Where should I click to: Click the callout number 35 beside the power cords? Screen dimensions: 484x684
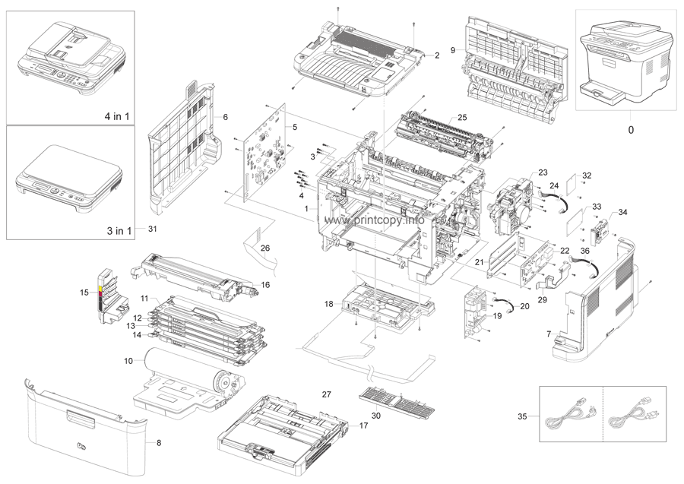pyautogui.click(x=522, y=416)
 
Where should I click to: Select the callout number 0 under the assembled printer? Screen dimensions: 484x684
pyautogui.click(x=630, y=130)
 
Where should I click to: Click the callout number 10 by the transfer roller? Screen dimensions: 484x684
pyautogui.click(x=128, y=359)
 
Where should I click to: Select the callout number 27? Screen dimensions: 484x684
pyautogui.click(x=326, y=394)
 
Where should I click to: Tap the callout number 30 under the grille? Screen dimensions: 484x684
pyautogui.click(x=377, y=415)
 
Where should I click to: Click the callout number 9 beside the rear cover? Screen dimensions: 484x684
pyautogui.click(x=453, y=50)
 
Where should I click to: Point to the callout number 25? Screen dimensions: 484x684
pyautogui.click(x=461, y=118)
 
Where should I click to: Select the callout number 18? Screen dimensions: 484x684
pyautogui.click(x=329, y=304)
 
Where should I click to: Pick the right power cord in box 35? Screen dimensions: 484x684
pyautogui.click(x=635, y=417)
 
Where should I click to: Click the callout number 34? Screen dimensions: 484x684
pyautogui.click(x=623, y=212)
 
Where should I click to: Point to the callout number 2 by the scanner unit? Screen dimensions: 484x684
pyautogui.click(x=438, y=55)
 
